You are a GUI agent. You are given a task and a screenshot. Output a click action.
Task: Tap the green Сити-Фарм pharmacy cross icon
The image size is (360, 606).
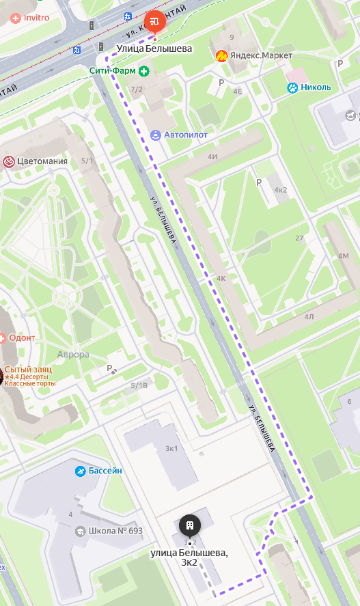pos(144,71)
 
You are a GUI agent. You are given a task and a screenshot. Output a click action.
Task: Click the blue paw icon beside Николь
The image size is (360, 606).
pos(292,87)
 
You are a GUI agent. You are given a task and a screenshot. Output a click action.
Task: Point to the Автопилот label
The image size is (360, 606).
pos(186,135)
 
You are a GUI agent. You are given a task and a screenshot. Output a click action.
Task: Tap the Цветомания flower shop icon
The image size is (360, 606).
pos(9,161)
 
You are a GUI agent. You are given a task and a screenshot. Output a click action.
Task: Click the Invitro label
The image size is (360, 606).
pos(36,18)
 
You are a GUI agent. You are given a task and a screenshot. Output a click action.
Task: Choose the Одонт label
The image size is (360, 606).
pos(23,338)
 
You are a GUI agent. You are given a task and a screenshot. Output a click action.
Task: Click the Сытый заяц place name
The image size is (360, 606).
pos(28,369)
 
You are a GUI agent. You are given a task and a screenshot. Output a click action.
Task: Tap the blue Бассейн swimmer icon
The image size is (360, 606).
pos(81,471)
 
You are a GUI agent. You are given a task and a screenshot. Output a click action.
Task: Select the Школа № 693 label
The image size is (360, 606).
pos(115,531)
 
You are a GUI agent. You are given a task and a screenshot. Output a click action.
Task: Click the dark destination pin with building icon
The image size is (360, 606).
pos(190,525)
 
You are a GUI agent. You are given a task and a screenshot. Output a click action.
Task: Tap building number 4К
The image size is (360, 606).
pos(221,279)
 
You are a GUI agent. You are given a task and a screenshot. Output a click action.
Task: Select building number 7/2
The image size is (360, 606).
pos(137,89)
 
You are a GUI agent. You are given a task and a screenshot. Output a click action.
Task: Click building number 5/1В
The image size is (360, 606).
pos(139,385)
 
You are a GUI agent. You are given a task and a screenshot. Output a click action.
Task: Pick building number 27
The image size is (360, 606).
pos(299,238)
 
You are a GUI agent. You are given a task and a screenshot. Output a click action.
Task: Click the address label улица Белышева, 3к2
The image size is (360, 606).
pos(189,557)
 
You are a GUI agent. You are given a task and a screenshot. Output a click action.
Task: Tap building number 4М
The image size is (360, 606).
pos(343,256)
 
